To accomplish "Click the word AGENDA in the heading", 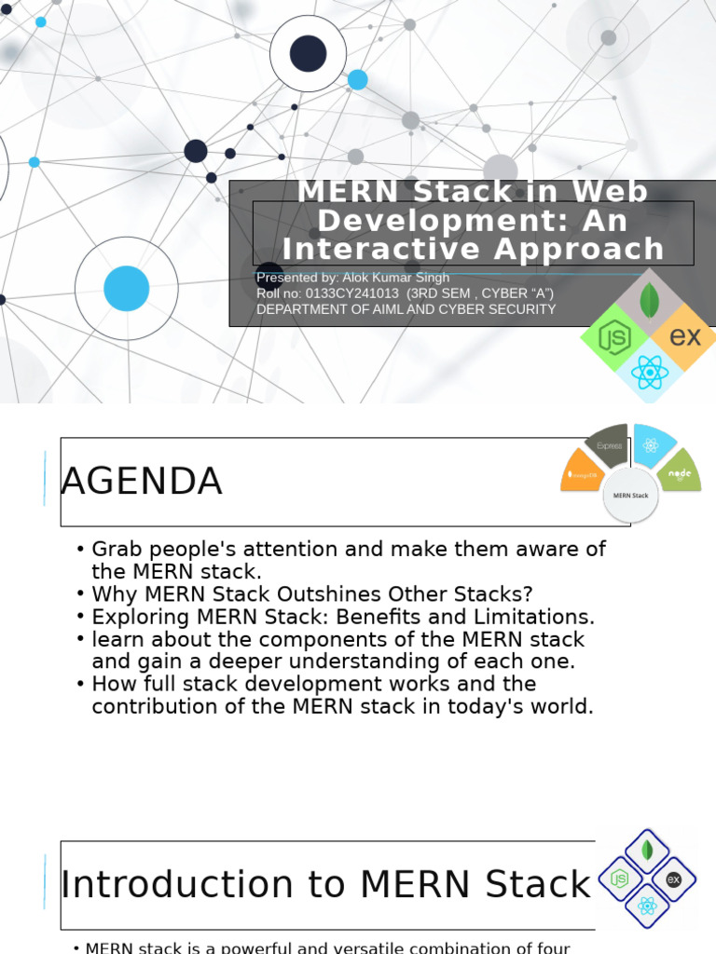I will coord(142,482).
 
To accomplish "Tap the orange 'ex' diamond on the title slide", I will coord(685,335).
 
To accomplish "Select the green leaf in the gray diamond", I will coord(650,300).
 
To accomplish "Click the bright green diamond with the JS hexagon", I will coord(614,336).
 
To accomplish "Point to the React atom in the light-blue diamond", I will coord(650,372).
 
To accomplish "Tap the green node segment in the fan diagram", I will coord(680,472).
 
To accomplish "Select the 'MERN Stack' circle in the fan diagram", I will coord(630,496).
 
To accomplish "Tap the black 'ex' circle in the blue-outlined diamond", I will coord(673,879).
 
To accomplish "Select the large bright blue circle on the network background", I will coord(127,288).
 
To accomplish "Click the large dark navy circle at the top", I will coord(309,53).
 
